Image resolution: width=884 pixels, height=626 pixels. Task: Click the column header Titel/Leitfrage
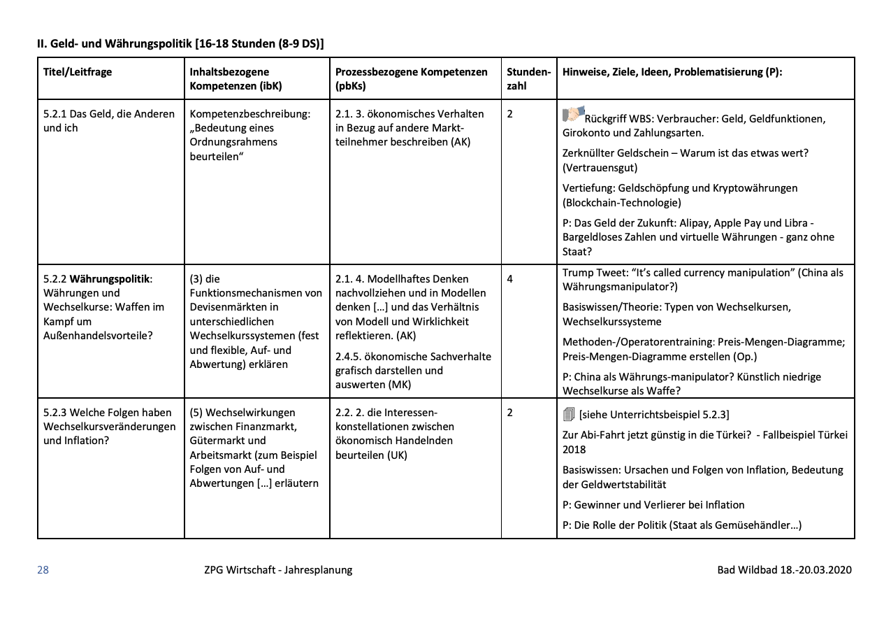[x=78, y=72]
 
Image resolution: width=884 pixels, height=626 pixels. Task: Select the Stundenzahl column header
[x=528, y=79]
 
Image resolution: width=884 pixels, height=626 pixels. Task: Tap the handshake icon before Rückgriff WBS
[x=572, y=114]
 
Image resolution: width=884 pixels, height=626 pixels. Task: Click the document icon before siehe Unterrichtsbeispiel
[x=568, y=414]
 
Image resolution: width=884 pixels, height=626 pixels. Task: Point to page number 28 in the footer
[x=43, y=570]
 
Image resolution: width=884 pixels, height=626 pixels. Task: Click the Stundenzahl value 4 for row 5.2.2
[x=509, y=279]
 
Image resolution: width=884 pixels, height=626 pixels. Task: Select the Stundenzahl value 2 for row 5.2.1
[x=509, y=114]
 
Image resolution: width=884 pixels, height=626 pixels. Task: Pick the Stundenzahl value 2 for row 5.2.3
[x=509, y=413]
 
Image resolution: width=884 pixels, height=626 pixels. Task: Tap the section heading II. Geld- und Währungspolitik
[x=180, y=43]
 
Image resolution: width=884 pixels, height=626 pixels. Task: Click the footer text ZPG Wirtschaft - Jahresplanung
[x=273, y=570]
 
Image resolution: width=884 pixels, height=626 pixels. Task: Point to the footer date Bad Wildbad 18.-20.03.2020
[x=784, y=570]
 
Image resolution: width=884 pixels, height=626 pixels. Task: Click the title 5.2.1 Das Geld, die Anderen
[x=109, y=114]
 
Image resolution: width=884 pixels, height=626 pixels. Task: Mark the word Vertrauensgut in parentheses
[x=600, y=168]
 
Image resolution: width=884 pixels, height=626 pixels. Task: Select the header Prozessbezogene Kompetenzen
[x=411, y=72]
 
